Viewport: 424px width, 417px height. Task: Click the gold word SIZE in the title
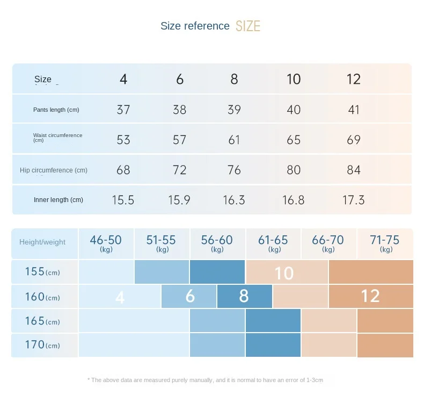[x=248, y=26]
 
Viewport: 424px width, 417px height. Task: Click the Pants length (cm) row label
[x=56, y=110]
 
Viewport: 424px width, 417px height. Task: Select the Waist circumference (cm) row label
[x=57, y=138]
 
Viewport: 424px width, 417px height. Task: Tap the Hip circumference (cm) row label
[x=54, y=170]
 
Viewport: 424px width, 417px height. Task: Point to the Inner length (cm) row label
[x=59, y=200]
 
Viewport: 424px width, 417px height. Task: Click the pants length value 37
[x=123, y=110]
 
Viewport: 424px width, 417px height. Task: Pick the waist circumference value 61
[x=234, y=140]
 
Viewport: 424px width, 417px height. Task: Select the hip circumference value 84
[x=354, y=170]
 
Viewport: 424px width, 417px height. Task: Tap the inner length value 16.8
[x=294, y=200]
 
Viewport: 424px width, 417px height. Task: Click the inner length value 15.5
[x=123, y=200]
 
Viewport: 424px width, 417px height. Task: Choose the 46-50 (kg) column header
[x=106, y=243]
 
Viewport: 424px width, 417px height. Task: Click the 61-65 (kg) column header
[x=274, y=243]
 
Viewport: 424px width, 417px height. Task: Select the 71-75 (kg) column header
[x=385, y=243]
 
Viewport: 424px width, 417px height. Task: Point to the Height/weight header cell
[x=42, y=242]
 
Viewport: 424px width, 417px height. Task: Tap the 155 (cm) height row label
[x=42, y=272]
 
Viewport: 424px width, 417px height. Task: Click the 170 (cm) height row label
[x=42, y=345]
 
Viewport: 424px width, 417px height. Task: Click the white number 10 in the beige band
[x=284, y=273]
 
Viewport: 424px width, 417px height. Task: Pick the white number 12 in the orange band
[x=370, y=296]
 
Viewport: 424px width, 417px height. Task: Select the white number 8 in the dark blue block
[x=244, y=296]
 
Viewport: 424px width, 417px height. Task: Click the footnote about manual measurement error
[x=205, y=380]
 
